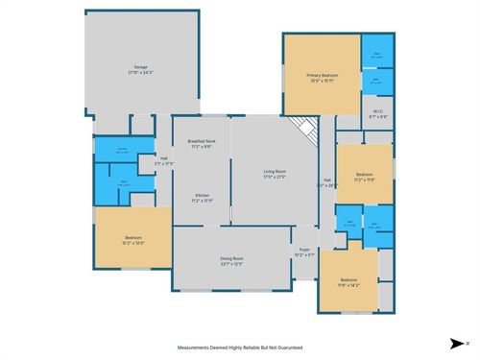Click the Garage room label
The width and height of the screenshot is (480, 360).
pos(139,68)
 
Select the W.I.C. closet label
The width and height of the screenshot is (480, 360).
pos(378,112)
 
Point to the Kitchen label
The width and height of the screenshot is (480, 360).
pos(203,196)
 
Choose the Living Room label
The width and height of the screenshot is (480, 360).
pos(276,172)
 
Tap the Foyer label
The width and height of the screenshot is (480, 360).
pos(304,252)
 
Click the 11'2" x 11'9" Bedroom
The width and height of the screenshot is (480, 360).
pos(364,175)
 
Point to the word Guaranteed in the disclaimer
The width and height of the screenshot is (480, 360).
pos(287,347)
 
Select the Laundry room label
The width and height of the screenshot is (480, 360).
pos(122,149)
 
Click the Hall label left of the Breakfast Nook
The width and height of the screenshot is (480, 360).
pos(164,159)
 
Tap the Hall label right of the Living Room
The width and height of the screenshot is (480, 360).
pos(326,180)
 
